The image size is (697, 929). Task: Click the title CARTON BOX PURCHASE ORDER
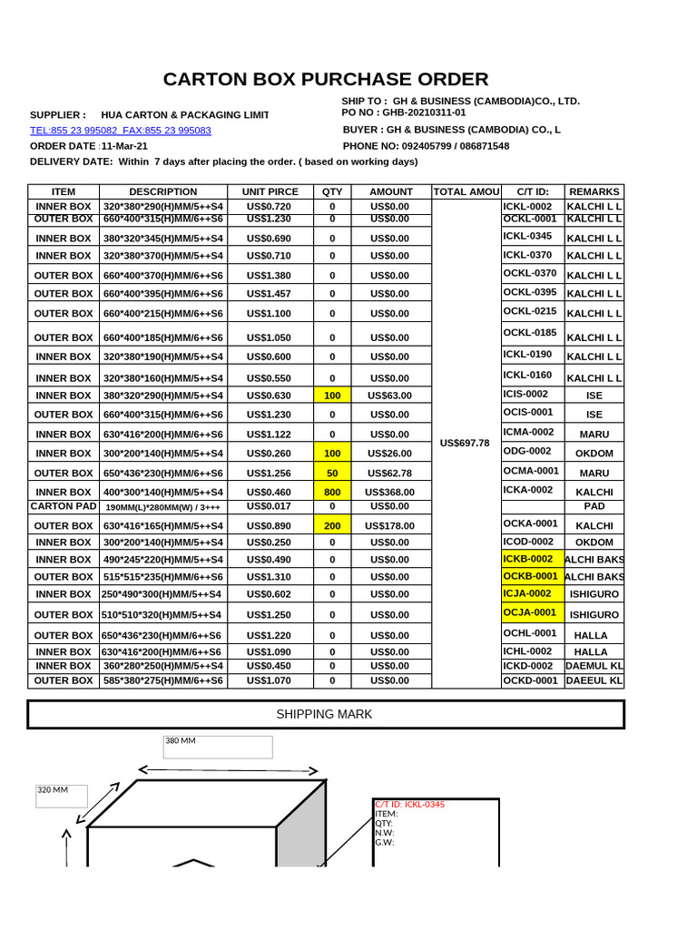325,79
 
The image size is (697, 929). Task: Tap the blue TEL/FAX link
121,131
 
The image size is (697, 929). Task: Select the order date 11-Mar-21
124,146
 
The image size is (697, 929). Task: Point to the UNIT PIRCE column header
270,191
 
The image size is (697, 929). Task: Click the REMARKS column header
594,191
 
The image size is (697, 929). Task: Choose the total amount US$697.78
464,444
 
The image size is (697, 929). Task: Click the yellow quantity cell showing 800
332,492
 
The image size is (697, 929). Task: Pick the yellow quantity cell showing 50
332,473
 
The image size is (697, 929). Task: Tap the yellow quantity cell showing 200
332,525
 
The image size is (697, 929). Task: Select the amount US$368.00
389,492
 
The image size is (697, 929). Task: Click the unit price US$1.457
270,294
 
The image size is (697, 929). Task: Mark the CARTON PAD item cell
63,506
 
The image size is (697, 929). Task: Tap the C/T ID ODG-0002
527,451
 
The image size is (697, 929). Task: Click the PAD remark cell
594,506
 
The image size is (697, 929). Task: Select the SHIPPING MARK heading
324,714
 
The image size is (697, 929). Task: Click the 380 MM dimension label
182,741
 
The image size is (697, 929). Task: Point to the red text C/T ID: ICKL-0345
409,805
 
